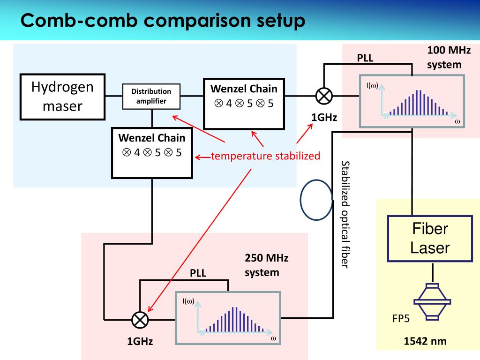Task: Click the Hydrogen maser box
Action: tap(62, 97)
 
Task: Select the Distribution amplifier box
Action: tap(151, 96)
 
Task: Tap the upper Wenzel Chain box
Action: tap(244, 103)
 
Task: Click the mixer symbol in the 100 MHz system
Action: tap(323, 96)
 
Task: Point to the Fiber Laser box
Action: tap(430, 238)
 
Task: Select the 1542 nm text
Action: tap(425, 342)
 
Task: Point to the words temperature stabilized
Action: tap(265, 156)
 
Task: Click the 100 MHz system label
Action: tap(449, 57)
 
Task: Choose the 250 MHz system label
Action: tap(266, 265)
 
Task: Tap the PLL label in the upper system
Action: tap(365, 58)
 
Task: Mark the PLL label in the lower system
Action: tap(198, 273)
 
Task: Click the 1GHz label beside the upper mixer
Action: tap(324, 117)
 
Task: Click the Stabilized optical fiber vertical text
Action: tap(345, 214)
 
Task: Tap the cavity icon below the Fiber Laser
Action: tap(432, 301)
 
